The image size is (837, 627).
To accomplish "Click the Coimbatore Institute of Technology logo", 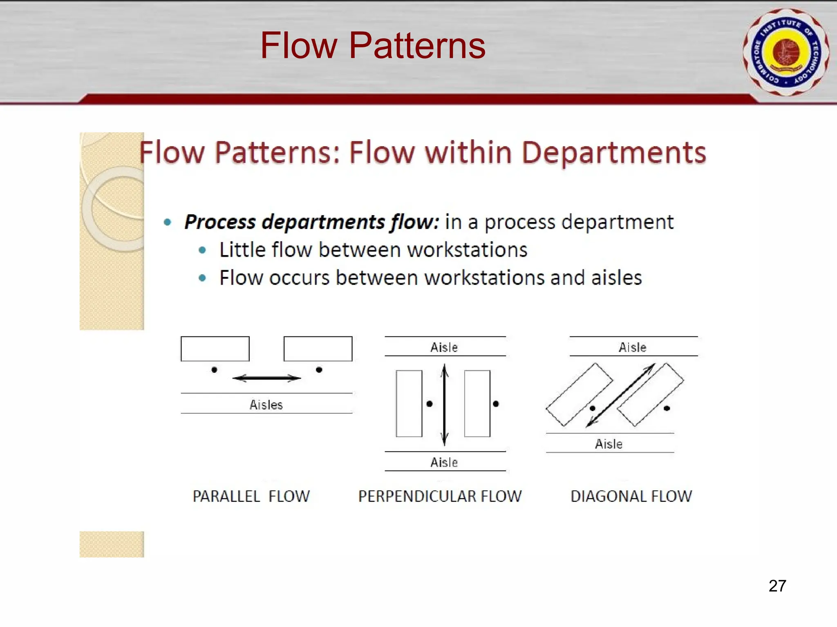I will [x=786, y=52].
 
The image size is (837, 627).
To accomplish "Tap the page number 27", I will [x=777, y=586].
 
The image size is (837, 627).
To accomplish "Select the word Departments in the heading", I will [x=614, y=153].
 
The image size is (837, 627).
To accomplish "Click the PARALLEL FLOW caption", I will [x=251, y=496].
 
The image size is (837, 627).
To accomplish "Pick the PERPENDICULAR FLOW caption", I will [x=440, y=496].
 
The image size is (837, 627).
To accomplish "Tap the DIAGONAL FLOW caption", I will [x=631, y=496].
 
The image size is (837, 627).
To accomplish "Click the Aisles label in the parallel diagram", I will [x=266, y=405].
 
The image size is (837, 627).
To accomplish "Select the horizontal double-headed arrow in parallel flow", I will [x=266, y=378].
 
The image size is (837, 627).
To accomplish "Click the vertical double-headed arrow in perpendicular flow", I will [x=445, y=404].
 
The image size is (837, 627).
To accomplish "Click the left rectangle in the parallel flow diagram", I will [x=215, y=349].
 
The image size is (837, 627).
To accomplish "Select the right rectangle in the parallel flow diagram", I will [x=318, y=349].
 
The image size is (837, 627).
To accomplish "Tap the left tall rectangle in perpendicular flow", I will [x=409, y=403].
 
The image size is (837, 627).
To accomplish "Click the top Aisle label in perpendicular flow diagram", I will [x=444, y=347].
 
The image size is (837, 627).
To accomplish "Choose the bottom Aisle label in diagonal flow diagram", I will [x=609, y=444].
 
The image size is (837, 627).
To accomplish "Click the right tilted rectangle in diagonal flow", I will [x=650, y=394].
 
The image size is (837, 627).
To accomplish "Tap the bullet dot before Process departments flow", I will [x=167, y=222].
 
